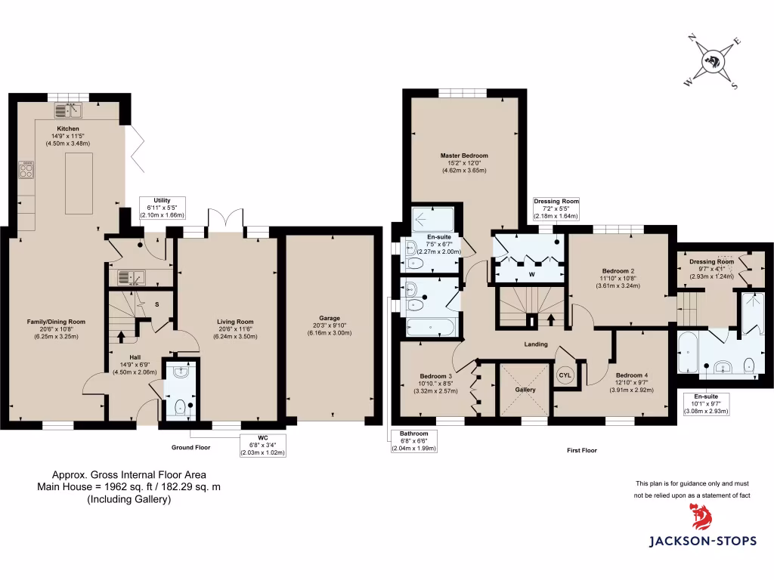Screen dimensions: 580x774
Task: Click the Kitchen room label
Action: pyautogui.click(x=67, y=128)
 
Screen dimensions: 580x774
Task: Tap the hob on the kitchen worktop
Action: pyautogui.click(x=24, y=170)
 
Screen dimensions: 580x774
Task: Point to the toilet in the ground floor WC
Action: pyautogui.click(x=180, y=409)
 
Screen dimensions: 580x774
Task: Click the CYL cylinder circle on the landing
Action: pyautogui.click(x=565, y=375)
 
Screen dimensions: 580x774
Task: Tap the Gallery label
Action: pyautogui.click(x=525, y=390)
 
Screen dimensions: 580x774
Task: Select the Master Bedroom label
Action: pyautogui.click(x=464, y=156)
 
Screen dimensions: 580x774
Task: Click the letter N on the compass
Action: pyautogui.click(x=691, y=36)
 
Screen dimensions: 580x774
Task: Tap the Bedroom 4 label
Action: pyautogui.click(x=631, y=375)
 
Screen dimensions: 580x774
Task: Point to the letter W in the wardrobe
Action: pyautogui.click(x=532, y=273)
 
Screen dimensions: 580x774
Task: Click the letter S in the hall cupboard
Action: pyautogui.click(x=157, y=304)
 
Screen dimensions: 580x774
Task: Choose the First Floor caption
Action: pyautogui.click(x=581, y=450)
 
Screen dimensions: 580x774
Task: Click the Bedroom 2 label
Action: pyautogui.click(x=618, y=271)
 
